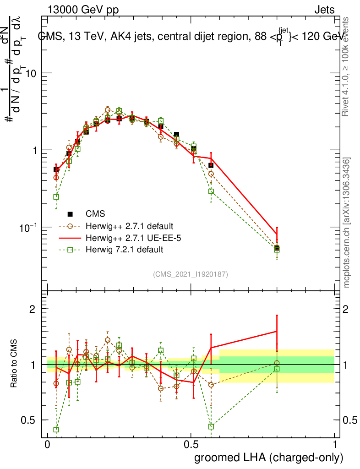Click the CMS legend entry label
coord(95,213)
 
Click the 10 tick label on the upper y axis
coord(30,73)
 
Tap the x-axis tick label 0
coord(47,445)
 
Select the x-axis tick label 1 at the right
coord(335,445)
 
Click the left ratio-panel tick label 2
coord(33,309)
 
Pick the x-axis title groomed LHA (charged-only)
coord(269,457)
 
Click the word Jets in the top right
coord(324,10)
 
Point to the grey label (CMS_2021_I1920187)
coord(191,274)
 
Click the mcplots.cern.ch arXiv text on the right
coord(347,223)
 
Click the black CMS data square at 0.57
coord(211,165)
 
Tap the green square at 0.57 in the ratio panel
coord(211,426)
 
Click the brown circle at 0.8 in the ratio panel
coord(277,363)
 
